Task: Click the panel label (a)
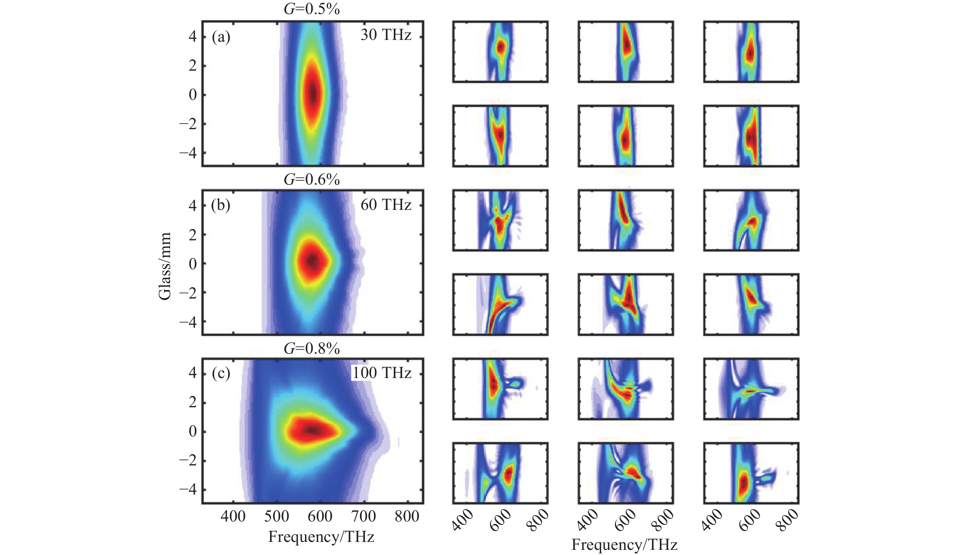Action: (221, 38)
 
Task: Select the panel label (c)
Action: (221, 373)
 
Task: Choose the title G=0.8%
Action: (311, 348)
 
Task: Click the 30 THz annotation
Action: (386, 35)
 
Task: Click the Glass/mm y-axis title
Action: (165, 266)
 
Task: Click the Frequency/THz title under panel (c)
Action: (321, 537)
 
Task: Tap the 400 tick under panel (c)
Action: (233, 517)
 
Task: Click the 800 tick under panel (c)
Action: (407, 517)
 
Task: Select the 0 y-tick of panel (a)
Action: (193, 95)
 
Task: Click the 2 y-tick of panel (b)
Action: (193, 235)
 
